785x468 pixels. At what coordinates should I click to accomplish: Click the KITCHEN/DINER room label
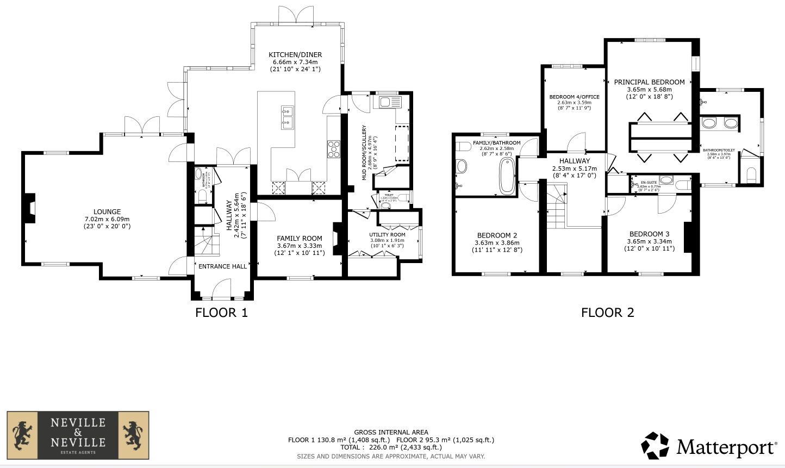296,54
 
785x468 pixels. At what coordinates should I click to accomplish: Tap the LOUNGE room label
107,211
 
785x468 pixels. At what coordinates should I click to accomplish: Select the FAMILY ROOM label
299,238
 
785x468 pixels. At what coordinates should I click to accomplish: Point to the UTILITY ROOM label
387,235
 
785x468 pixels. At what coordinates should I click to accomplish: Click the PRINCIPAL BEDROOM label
649,82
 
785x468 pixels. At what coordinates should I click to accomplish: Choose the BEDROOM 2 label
497,235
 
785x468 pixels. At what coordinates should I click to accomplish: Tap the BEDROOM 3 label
649,234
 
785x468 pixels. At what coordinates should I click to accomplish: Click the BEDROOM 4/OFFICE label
574,97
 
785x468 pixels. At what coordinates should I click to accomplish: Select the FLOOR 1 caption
221,313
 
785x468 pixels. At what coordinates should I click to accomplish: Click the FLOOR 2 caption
607,313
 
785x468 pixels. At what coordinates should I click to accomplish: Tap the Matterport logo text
726,447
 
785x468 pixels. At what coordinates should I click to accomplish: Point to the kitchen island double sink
287,118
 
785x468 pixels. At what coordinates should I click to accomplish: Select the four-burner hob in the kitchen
333,149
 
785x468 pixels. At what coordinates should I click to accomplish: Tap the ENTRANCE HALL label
222,266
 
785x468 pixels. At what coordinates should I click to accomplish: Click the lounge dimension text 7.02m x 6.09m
107,219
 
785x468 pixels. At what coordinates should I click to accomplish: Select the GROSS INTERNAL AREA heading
391,433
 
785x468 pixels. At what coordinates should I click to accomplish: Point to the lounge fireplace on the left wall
31,208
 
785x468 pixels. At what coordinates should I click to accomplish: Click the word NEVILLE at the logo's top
78,422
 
